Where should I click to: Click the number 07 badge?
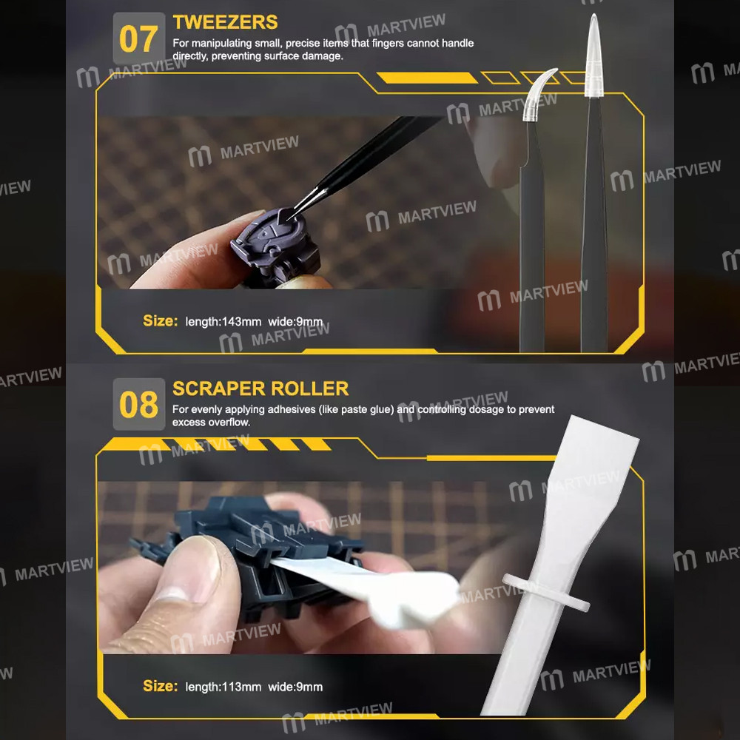138,38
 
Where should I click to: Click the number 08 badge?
138,404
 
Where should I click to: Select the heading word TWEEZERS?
225,22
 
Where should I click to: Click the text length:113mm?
223,687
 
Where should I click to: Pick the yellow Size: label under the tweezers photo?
161,321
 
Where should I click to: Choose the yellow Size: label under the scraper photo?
161,686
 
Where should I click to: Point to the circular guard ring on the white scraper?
545,592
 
